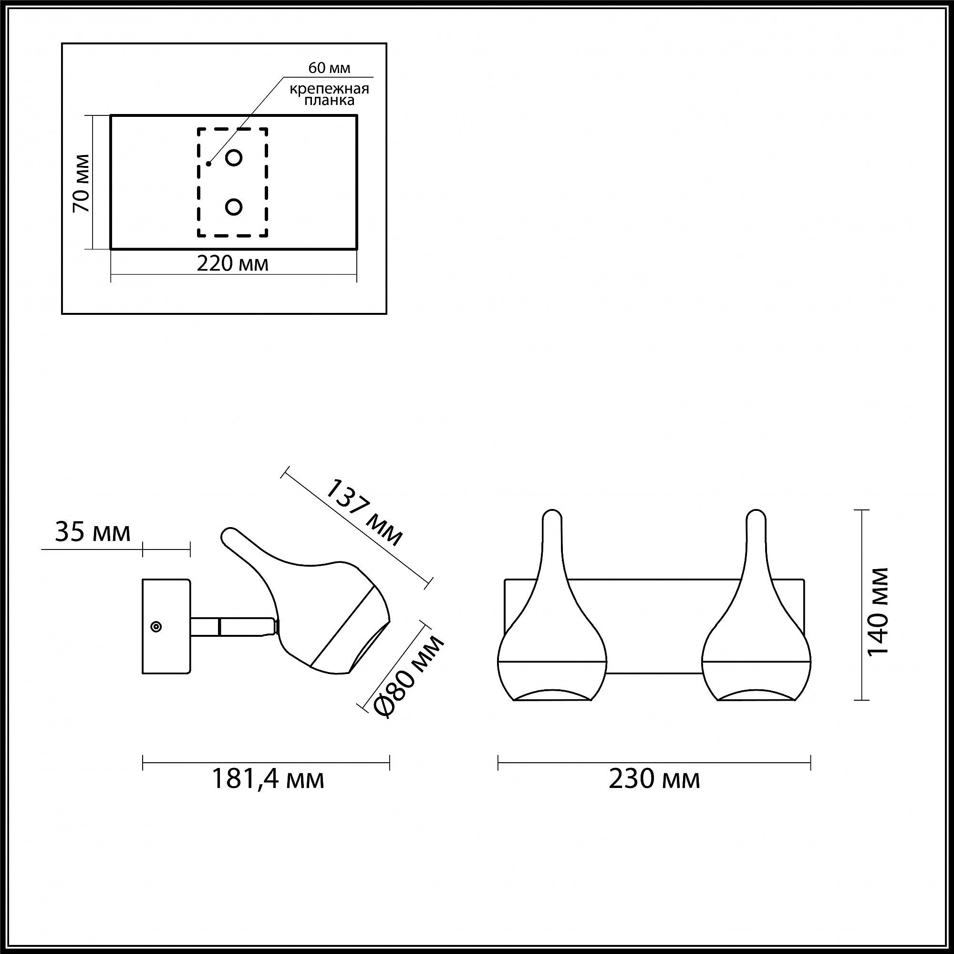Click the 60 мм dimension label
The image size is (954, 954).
pyautogui.click(x=329, y=68)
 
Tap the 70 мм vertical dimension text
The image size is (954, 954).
pyautogui.click(x=82, y=183)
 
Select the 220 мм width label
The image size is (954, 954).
pyautogui.click(x=233, y=264)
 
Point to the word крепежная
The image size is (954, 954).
pyautogui.click(x=329, y=89)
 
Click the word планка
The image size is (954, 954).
pyautogui.click(x=329, y=100)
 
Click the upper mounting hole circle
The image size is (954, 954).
pyautogui.click(x=234, y=157)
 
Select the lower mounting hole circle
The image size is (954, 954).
pyautogui.click(x=234, y=207)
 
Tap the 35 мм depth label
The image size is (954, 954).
pyautogui.click(x=93, y=533)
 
